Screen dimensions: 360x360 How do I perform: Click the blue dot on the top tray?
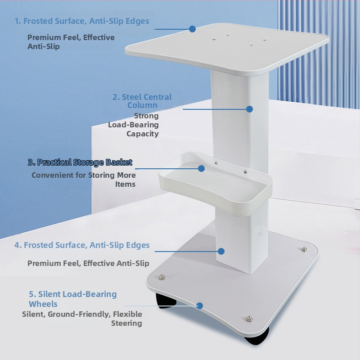tap(193, 29)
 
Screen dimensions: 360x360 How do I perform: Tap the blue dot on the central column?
tap(250, 109)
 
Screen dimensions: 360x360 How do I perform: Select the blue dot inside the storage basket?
tap(201, 168)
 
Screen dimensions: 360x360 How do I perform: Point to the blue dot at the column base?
tap(221, 251)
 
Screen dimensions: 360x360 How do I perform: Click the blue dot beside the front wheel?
tap(199, 306)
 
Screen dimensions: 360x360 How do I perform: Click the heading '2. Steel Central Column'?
tap(142, 101)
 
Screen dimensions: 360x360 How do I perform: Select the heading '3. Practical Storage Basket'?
tap(80, 162)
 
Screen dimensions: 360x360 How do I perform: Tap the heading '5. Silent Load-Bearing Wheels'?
tap(73, 299)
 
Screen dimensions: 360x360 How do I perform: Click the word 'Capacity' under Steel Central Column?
tap(143, 134)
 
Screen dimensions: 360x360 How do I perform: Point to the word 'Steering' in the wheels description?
tap(126, 323)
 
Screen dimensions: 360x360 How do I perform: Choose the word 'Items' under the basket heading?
tap(126, 184)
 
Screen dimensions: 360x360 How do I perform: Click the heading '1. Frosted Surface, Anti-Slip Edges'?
tap(82, 21)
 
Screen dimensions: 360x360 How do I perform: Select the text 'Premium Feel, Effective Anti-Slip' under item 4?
tap(88, 263)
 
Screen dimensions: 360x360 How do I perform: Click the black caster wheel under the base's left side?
tap(166, 300)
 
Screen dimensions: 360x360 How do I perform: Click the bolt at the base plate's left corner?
tap(162, 277)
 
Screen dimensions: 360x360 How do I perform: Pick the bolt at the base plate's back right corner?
tap(305, 249)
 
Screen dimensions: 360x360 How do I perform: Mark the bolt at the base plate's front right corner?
tap(250, 319)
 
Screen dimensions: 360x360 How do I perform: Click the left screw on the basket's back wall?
tap(216, 163)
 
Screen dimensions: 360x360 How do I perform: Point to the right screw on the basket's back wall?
tap(245, 172)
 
